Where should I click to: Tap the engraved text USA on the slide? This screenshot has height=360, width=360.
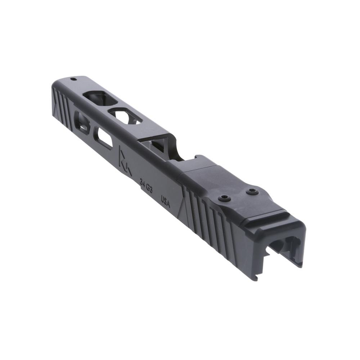(x=166, y=201)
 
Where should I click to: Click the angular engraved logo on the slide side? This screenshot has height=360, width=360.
(x=124, y=158)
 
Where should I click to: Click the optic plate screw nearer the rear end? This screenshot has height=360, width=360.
(x=252, y=192)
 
